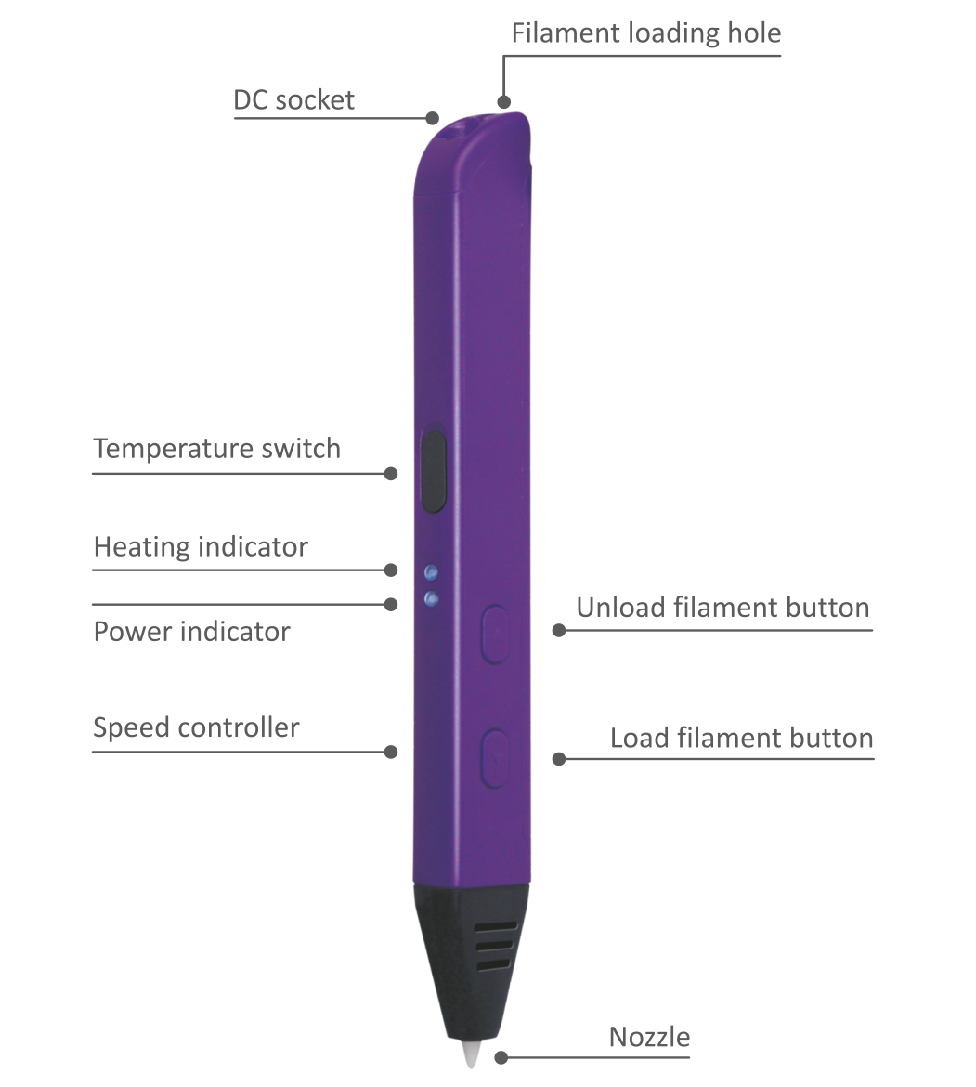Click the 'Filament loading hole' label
point(645,33)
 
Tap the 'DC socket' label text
point(293,99)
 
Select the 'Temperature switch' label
point(216,449)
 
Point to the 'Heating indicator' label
point(201,547)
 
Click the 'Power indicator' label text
point(192,632)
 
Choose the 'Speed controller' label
point(196,727)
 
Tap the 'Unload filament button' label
point(722,608)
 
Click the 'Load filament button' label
point(741,738)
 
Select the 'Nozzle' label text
point(649,1037)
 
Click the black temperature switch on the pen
point(433,471)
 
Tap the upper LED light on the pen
point(431,572)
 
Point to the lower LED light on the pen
point(431,598)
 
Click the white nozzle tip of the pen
point(473,1054)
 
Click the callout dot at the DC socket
point(432,118)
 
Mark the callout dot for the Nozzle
point(501,1058)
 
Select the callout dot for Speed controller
point(391,752)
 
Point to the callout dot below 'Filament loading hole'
point(503,102)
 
